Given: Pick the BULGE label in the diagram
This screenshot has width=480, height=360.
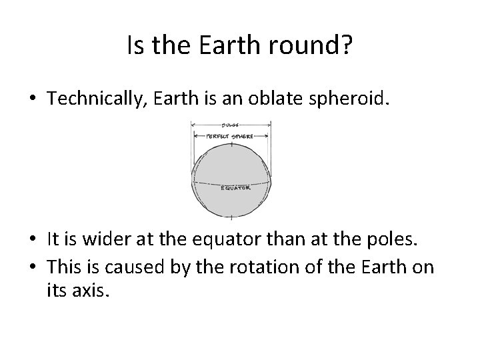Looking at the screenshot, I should click(230, 124).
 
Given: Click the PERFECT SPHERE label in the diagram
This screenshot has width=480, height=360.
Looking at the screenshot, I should click(231, 136).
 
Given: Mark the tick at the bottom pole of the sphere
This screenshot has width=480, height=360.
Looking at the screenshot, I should click(231, 217).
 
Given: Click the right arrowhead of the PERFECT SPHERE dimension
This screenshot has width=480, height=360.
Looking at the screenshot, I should click(267, 136).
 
